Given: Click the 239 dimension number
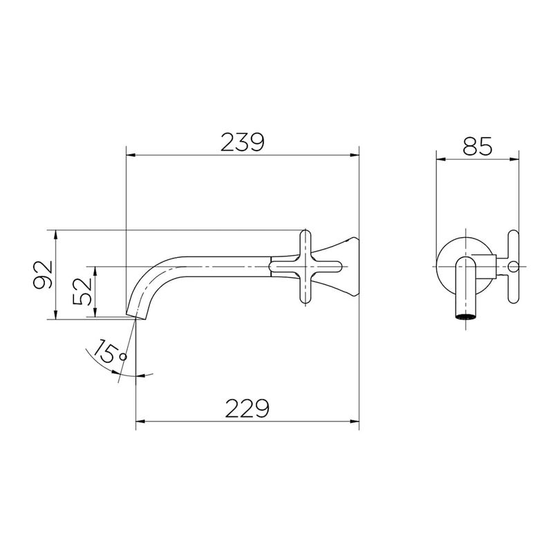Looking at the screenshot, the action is tap(243, 142).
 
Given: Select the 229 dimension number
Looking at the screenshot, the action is tap(247, 409).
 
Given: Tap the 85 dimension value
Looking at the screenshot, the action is tap(477, 146).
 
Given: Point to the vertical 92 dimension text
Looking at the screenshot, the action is tap(43, 274).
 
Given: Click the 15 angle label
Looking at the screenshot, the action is tap(105, 351).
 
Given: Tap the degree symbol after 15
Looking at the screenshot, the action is tap(124, 357).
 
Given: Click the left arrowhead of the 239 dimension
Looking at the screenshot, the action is tap(131, 155).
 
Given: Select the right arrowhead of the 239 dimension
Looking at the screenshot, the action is tap(354, 155).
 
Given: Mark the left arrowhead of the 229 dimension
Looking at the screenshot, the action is tap(141, 421).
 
